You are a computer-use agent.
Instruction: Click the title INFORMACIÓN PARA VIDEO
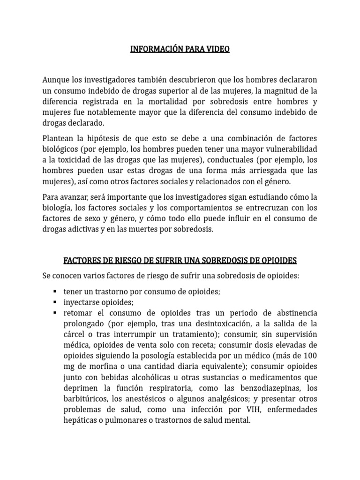(180, 49)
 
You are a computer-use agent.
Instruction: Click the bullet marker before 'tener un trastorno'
(56, 292)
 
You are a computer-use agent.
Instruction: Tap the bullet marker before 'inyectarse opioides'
(56, 302)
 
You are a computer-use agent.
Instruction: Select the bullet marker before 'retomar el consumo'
(56, 313)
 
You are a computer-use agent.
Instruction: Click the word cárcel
(75, 334)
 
